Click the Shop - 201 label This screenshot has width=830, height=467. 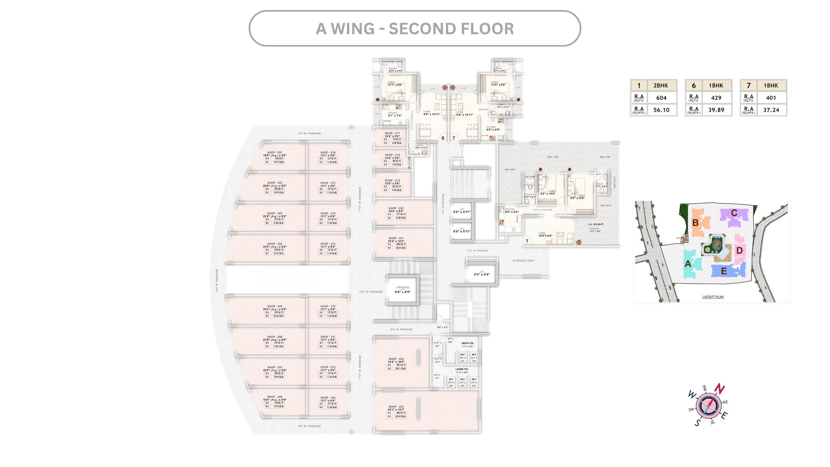coord(274,152)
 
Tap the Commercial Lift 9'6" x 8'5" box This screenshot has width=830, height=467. coord(402,290)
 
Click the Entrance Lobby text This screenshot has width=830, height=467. coord(523,261)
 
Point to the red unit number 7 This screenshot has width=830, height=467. coord(454,138)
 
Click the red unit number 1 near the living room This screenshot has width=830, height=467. coord(527,241)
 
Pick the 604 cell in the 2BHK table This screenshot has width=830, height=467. coord(661,98)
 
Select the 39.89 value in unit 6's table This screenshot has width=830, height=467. coord(716,110)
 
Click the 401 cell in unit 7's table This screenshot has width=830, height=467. coord(771,98)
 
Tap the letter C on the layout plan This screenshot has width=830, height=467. coord(734,213)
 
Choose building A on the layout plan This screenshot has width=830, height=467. coord(687,264)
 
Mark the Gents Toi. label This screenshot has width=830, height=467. coord(468,343)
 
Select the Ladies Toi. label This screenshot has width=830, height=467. coord(462,369)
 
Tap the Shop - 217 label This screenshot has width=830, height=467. coord(392,133)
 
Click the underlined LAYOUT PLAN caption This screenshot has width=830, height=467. coord(713,297)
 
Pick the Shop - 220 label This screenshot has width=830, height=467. coord(396,208)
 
